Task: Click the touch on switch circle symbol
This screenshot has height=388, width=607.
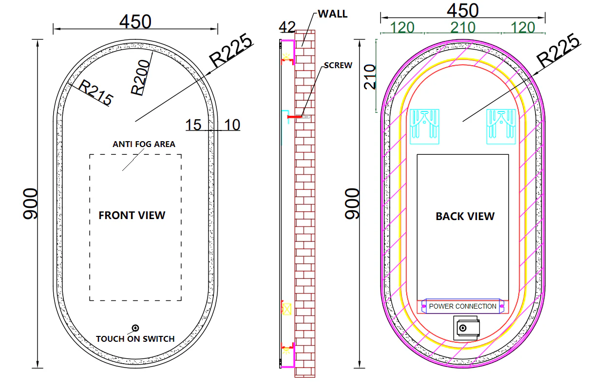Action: point(135,328)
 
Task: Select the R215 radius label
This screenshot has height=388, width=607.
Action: point(95,92)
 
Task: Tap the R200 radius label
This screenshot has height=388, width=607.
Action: point(140,77)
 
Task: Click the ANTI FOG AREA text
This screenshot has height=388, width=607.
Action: point(144,144)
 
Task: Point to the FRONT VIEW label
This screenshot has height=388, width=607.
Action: point(132,216)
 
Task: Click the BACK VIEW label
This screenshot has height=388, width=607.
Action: point(465,216)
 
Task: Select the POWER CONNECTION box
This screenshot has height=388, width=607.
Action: point(463,306)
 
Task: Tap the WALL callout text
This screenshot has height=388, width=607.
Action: point(333,14)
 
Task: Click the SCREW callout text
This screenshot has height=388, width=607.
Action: point(338,65)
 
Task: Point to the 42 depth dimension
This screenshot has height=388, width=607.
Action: point(287,27)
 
